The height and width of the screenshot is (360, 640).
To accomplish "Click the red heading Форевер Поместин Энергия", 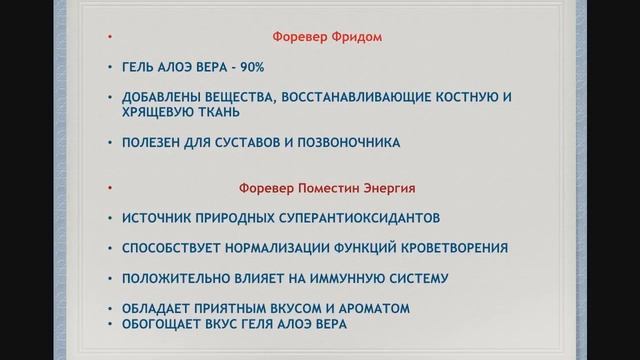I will coord(326,187).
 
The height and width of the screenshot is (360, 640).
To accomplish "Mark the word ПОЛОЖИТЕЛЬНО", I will coord(180,278).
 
